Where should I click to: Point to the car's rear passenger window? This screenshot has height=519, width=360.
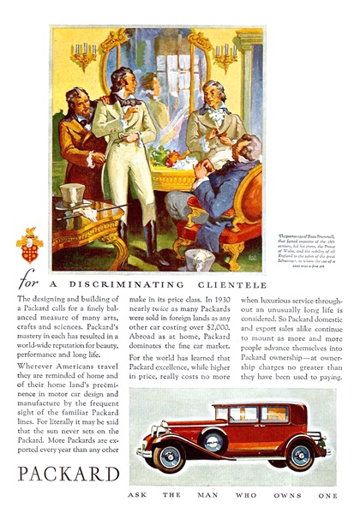275,415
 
